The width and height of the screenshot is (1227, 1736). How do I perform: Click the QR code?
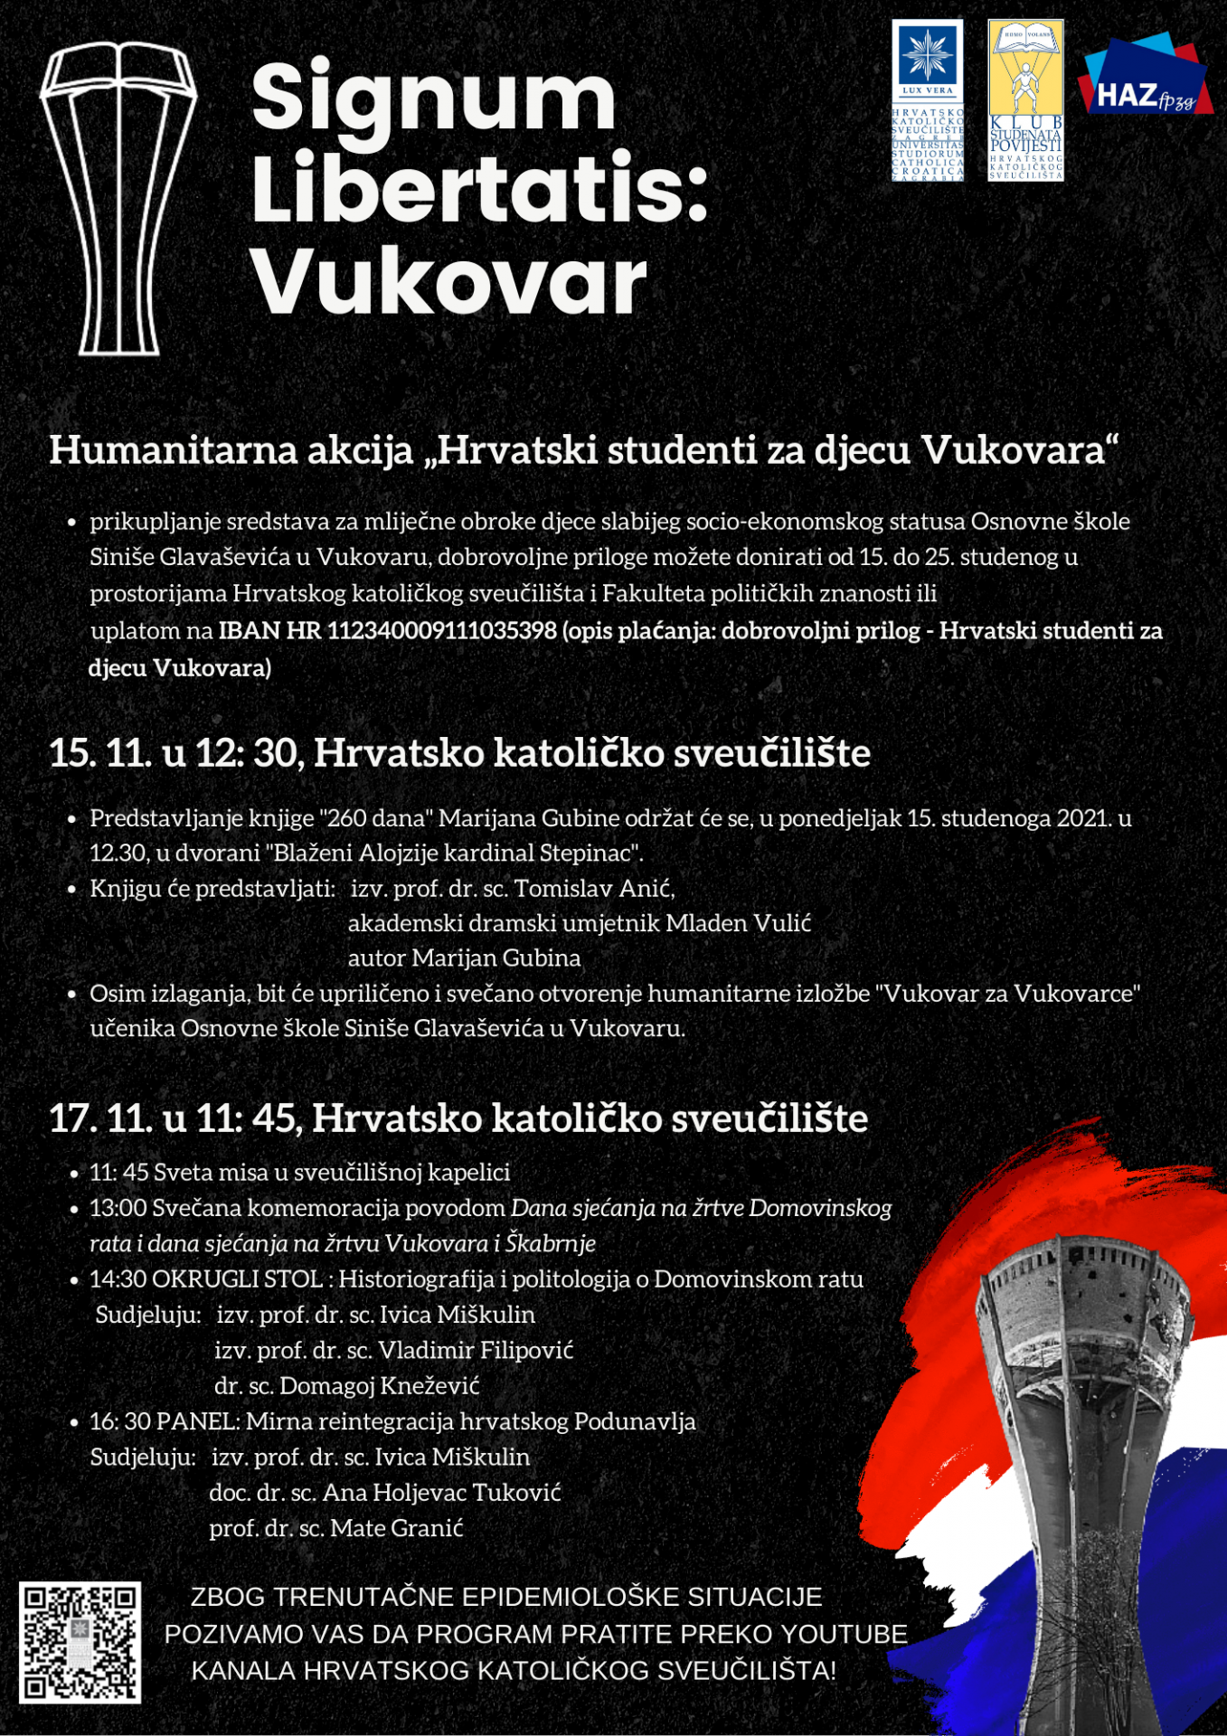[x=80, y=1642]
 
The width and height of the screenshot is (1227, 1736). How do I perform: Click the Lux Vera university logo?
[x=928, y=99]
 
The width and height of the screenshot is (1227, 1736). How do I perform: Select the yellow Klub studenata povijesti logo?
[x=1025, y=99]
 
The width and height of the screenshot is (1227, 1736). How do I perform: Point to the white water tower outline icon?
[x=118, y=199]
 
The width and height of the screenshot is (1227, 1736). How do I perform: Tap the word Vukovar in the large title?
[x=448, y=282]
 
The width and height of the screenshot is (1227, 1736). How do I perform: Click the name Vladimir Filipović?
[x=476, y=1350]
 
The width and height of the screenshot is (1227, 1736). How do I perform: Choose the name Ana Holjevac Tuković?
[x=441, y=1493]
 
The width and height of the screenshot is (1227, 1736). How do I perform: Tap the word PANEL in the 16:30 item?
[x=197, y=1421]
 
